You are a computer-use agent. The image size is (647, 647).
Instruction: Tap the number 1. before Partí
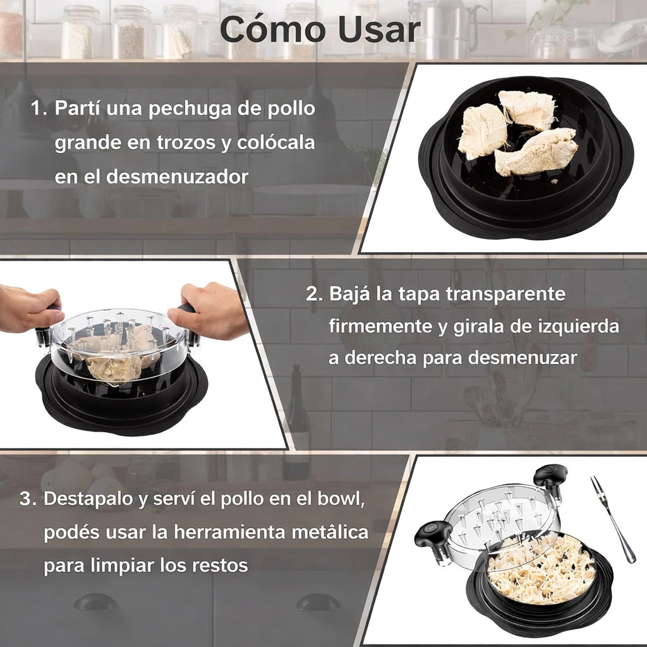[x=39, y=107]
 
